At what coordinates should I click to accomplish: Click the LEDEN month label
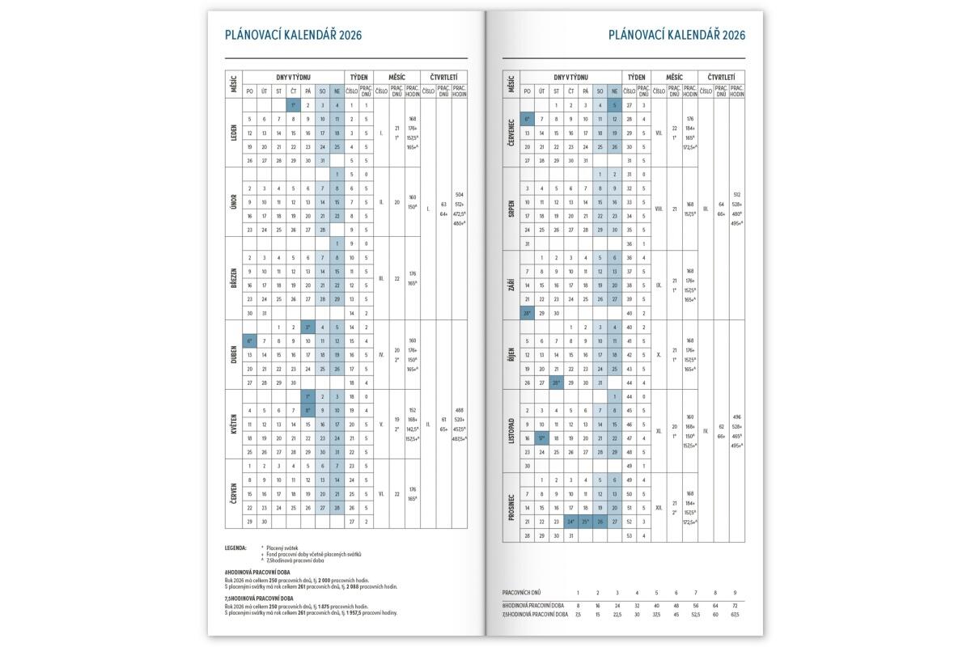coord(233,133)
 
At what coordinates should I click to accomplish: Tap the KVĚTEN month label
coord(233,424)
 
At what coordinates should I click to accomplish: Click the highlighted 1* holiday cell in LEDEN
coord(293,105)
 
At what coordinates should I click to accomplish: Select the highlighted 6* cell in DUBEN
coord(249,341)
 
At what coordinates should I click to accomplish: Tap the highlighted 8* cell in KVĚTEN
coord(307,410)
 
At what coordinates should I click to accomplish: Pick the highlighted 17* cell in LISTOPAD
coord(541,438)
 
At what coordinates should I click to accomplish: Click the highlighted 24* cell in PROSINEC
coord(570,521)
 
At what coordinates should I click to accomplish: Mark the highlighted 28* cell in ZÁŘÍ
coord(527,313)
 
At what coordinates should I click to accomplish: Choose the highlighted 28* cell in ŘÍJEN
coord(556,382)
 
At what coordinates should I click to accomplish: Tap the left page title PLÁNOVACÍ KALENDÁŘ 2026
coord(293,35)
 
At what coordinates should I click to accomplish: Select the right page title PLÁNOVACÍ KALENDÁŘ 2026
coord(676,35)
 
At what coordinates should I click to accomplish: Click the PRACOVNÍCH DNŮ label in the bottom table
coord(522,594)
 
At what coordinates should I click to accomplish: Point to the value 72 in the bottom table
coord(735,605)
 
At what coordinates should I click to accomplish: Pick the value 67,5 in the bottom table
coord(734,615)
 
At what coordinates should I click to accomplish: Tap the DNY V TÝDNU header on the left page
coord(292,76)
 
